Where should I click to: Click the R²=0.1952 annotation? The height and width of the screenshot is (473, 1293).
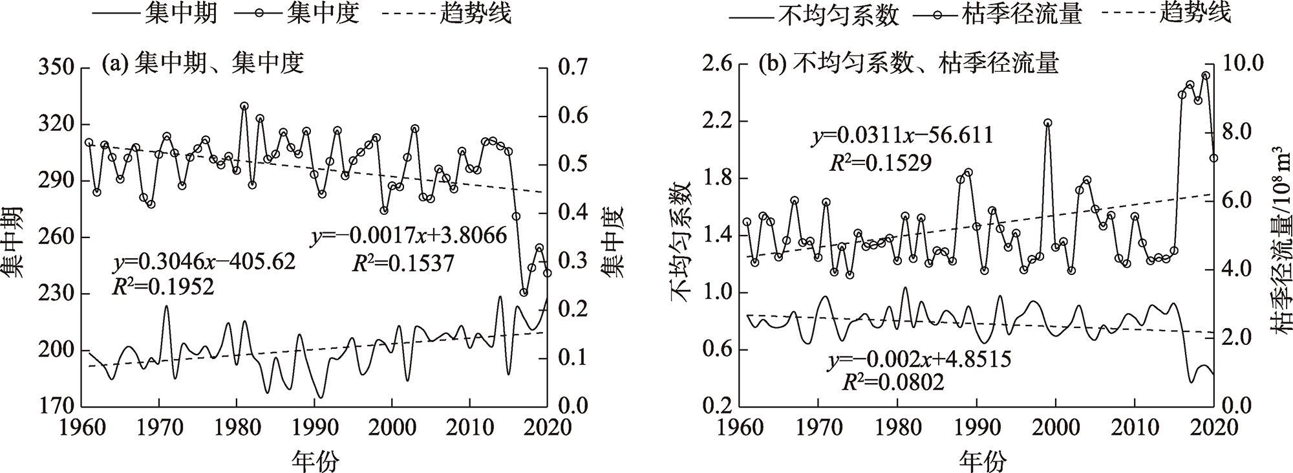[163, 287]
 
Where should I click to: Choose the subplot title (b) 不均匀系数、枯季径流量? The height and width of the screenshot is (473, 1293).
[908, 63]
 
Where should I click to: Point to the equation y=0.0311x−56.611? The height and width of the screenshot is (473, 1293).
[903, 137]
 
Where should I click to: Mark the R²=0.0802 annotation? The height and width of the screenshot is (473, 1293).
[892, 383]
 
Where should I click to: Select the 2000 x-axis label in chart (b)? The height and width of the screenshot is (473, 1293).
[1055, 428]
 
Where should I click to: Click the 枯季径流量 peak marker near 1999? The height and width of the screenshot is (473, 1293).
[1048, 123]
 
